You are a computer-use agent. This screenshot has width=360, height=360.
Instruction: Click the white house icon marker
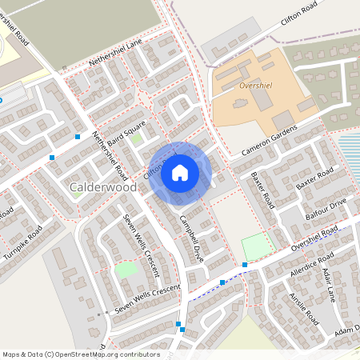[180, 172]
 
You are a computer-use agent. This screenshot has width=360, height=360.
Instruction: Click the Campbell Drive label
[193, 239]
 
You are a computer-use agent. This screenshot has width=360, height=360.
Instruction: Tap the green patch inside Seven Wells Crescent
[126, 270]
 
